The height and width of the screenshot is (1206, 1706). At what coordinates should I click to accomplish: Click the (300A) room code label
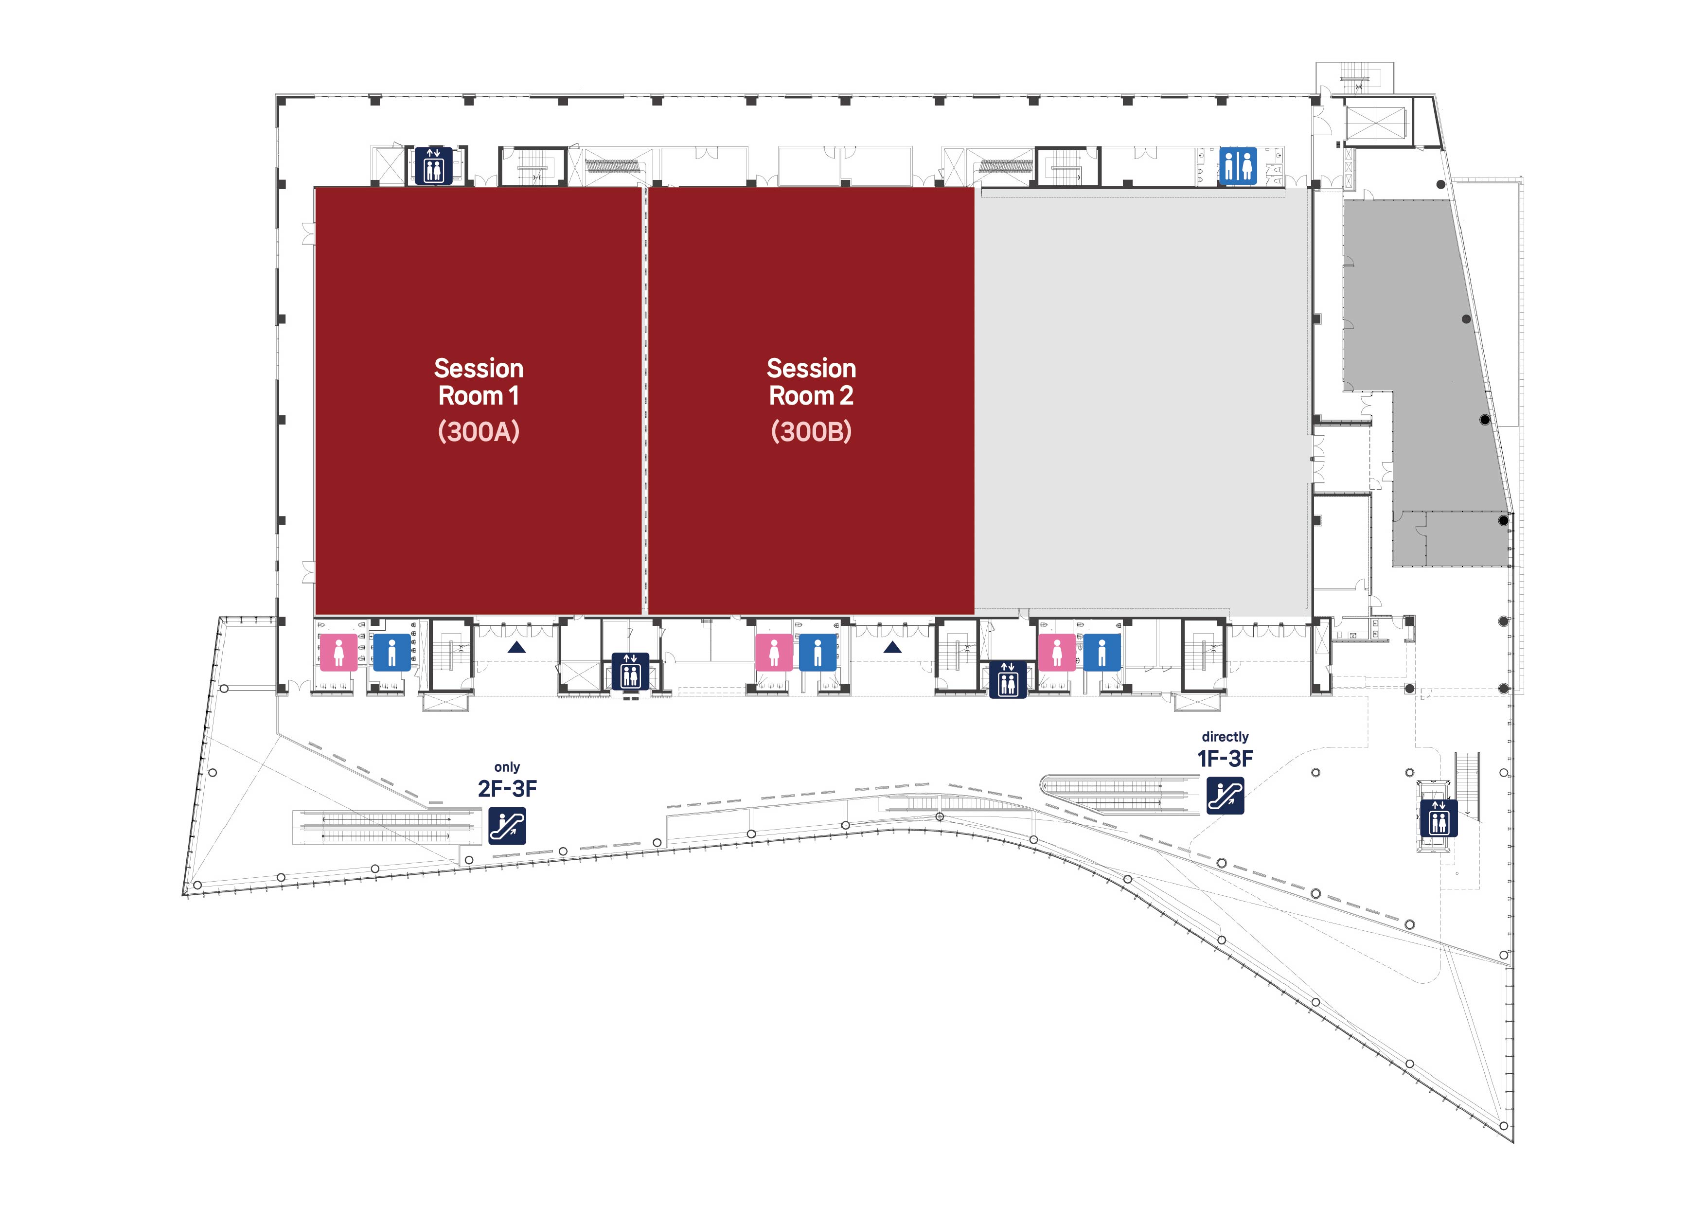click(479, 432)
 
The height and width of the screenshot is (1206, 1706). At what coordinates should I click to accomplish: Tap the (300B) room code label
click(811, 432)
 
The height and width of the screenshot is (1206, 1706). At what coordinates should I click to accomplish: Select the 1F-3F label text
click(1225, 758)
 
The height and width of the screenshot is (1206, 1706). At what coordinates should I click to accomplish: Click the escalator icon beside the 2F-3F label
click(508, 826)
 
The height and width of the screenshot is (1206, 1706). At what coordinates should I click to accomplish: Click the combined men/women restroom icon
click(1238, 166)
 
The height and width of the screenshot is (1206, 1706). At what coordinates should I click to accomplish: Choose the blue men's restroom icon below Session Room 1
click(391, 653)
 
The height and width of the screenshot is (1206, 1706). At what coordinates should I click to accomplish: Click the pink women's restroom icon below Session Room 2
click(774, 653)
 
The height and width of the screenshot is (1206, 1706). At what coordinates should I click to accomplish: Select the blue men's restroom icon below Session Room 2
click(817, 653)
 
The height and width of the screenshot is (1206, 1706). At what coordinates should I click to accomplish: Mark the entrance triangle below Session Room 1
click(516, 648)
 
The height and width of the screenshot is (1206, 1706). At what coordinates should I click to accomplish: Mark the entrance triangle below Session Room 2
click(892, 648)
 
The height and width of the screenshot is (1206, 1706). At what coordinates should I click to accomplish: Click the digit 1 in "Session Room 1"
click(514, 396)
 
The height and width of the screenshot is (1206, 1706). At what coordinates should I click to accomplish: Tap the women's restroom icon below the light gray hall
click(1057, 653)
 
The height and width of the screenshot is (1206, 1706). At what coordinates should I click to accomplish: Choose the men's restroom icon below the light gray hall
click(1102, 653)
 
